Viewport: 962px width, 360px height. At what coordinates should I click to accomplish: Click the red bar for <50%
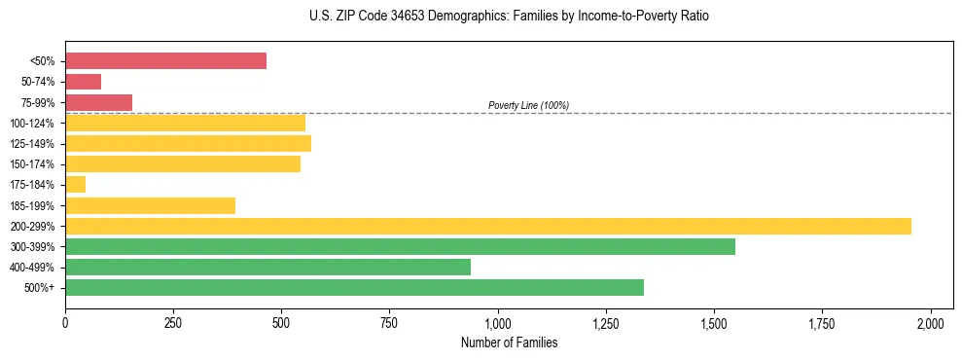point(165,61)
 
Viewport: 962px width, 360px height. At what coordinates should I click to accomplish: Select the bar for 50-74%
point(83,82)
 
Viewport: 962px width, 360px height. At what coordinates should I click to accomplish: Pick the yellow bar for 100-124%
point(185,123)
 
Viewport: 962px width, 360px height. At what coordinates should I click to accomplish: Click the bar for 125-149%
point(188,144)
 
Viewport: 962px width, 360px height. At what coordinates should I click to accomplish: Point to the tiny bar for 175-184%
point(75,185)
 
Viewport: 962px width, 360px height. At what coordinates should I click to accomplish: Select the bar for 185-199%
point(150,205)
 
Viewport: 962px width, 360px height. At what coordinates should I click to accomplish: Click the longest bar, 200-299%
point(487,226)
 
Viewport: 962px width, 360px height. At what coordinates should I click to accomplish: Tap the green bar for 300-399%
point(400,246)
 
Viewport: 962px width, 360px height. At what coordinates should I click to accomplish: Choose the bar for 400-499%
point(267,267)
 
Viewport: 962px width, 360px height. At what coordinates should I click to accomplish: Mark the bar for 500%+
point(354,287)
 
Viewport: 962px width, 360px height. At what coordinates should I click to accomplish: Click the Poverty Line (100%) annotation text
point(528,105)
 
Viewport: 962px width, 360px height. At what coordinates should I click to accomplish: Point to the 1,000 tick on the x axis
point(498,322)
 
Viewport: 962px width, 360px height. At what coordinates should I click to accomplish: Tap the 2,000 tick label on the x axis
point(931,322)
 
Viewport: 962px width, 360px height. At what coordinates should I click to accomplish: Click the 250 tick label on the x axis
point(173,322)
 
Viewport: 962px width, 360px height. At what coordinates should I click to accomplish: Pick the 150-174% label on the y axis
point(32,164)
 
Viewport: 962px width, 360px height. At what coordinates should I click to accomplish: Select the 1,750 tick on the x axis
point(822,322)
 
